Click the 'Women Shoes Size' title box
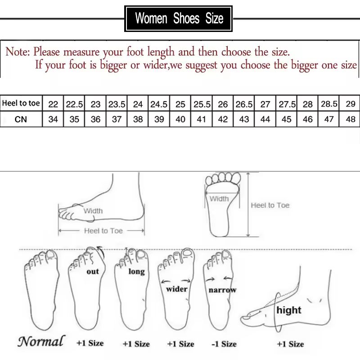point(179,19)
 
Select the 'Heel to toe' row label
point(21,103)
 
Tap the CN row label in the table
point(21,120)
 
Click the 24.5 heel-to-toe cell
point(159,104)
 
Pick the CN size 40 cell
point(180,120)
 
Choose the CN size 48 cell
point(351,120)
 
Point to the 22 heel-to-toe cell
point(53,104)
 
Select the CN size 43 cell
point(244,120)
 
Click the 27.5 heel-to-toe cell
point(287,104)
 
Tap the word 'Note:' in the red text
point(18,51)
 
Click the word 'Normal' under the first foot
point(41,341)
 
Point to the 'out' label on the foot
point(93,271)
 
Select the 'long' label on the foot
point(136,271)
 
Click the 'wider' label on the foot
point(177,289)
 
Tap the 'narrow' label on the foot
point(222,290)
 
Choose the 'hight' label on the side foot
point(289,310)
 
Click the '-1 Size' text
point(224,344)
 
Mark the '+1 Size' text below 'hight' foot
point(290,344)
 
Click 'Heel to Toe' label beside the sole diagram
point(270,205)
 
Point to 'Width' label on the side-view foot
point(93,211)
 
